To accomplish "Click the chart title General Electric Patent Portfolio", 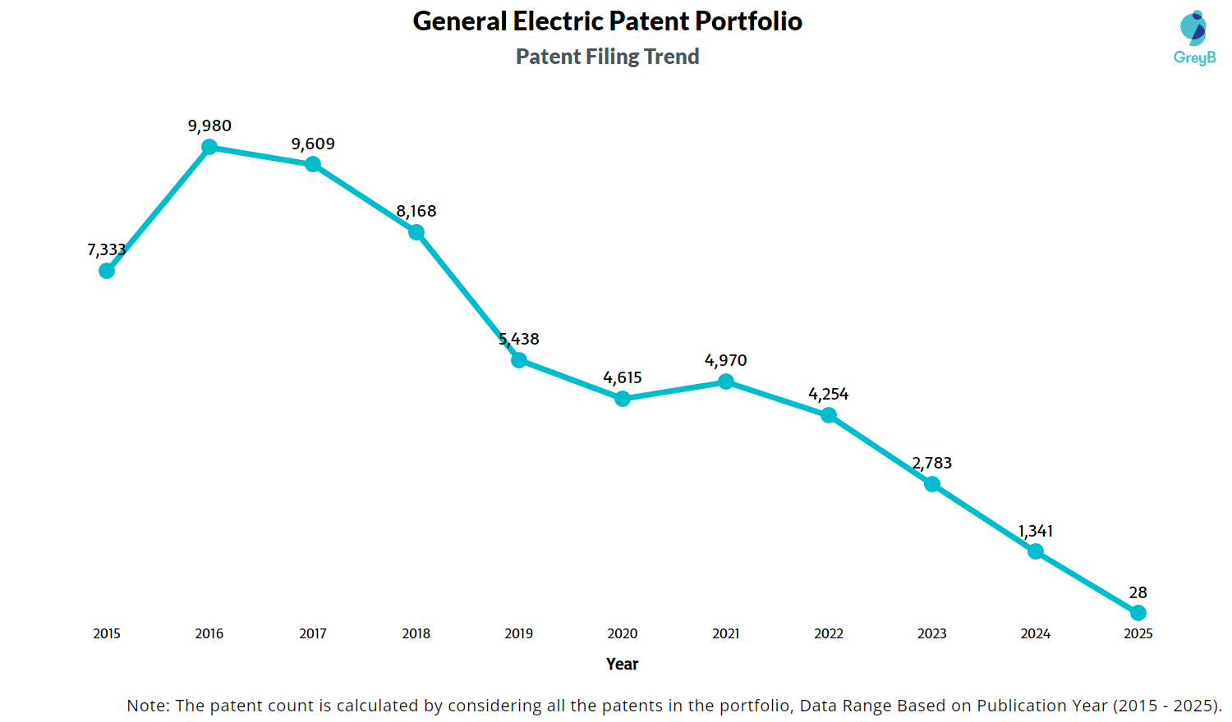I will click(x=607, y=21).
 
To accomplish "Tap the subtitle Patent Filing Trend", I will click(x=607, y=57).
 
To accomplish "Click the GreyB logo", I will click(x=1194, y=38).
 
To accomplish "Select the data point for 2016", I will click(x=209, y=147).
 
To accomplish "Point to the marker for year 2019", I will click(x=519, y=360).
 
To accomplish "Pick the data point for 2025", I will click(x=1138, y=613).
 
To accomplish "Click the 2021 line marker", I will click(x=726, y=382).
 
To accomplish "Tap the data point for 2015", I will click(x=107, y=271).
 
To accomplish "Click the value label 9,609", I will click(x=313, y=144).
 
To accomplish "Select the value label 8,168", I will click(x=416, y=212).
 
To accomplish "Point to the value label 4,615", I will click(x=623, y=378).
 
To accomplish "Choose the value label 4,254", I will click(x=829, y=395).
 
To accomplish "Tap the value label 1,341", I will click(x=1035, y=532).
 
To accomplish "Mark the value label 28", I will click(x=1138, y=593).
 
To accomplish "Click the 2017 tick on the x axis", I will click(x=313, y=633).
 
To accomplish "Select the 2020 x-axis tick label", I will click(x=623, y=633).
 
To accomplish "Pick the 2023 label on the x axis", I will click(x=932, y=633).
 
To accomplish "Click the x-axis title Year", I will click(x=622, y=664).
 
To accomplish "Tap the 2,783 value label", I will click(x=932, y=464).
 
